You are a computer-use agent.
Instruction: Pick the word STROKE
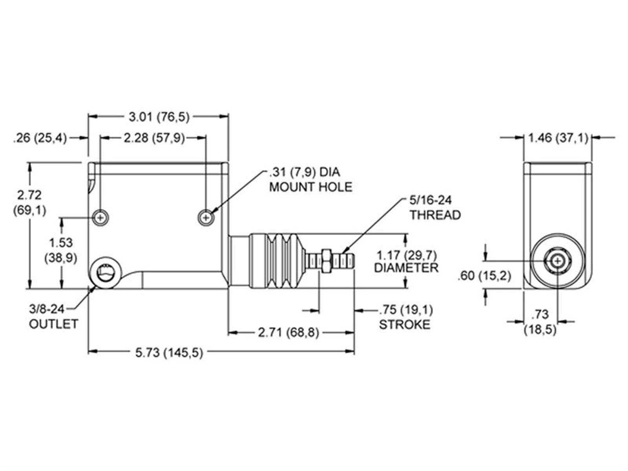(x=404, y=324)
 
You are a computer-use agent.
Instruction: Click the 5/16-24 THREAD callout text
(x=435, y=208)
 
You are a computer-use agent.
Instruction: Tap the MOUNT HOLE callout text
(x=310, y=187)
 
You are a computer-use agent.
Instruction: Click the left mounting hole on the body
(x=101, y=217)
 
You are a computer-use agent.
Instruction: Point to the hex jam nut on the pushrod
(x=326, y=261)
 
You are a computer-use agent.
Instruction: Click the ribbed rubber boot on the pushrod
(x=279, y=261)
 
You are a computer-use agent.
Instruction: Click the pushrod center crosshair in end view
(x=557, y=261)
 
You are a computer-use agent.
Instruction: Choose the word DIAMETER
(x=406, y=268)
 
